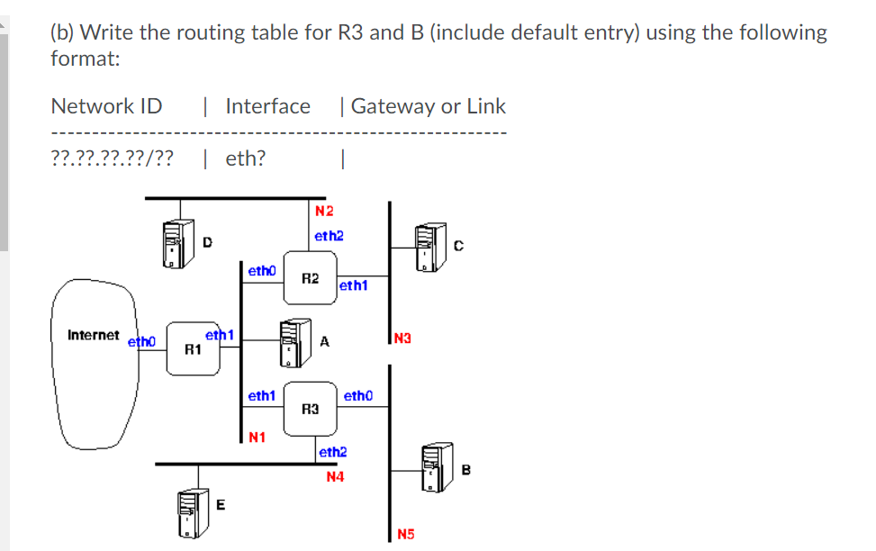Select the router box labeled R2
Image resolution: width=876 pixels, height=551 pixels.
point(310,278)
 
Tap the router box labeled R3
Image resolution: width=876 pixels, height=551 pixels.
point(310,408)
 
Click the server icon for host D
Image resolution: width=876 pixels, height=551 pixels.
point(176,244)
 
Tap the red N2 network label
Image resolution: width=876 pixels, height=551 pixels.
point(324,212)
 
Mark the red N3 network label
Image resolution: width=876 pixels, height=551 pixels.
point(402,339)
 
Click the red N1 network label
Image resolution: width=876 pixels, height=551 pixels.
point(257,438)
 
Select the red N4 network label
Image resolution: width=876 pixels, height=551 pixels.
point(335,476)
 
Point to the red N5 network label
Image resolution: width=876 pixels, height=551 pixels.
point(406,536)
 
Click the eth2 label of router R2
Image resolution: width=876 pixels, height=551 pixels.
point(329,236)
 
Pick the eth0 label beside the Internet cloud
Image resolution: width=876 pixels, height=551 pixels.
point(141,342)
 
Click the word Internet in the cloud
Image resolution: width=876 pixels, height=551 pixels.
point(93,335)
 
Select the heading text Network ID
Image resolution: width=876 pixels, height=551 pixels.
point(106,106)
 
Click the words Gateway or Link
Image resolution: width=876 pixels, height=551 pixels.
point(428,106)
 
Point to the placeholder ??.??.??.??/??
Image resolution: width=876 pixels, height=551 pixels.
point(113,159)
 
